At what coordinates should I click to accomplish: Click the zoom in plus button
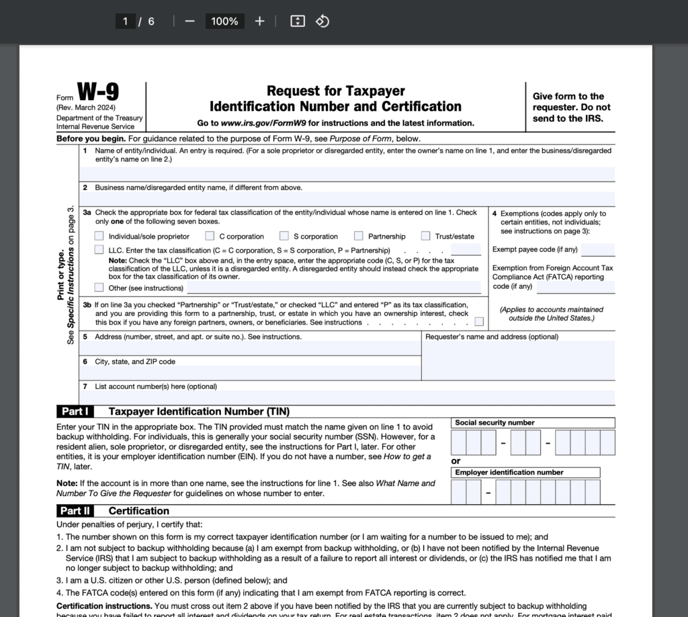[260, 21]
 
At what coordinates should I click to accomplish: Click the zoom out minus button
[189, 21]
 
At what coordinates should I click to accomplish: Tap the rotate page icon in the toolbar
[322, 21]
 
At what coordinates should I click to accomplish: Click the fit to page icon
[298, 21]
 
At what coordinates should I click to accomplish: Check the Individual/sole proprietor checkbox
[99, 236]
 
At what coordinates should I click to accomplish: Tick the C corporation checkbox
[210, 236]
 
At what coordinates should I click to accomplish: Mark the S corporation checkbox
[284, 236]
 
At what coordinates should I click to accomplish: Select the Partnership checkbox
[359, 236]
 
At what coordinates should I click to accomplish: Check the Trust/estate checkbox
[426, 236]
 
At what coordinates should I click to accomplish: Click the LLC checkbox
[99, 250]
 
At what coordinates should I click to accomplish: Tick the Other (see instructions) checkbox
[99, 288]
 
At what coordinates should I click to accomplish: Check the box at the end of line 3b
[479, 322]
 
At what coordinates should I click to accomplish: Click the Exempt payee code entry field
[598, 250]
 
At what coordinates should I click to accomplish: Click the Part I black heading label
[75, 411]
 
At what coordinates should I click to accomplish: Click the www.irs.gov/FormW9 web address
[264, 123]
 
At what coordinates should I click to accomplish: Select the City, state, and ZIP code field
[249, 373]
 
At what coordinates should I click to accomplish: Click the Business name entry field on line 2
[347, 199]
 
